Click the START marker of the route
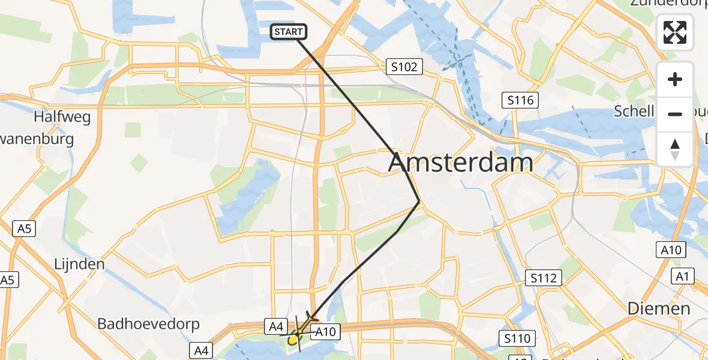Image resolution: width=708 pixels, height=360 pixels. click(289, 32)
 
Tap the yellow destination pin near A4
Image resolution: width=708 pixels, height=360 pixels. click(293, 340)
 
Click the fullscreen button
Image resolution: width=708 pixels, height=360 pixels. click(675, 32)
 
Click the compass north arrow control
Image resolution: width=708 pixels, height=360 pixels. click(675, 149)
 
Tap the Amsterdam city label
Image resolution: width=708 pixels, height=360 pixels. click(461, 163)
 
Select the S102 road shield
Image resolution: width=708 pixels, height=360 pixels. click(404, 67)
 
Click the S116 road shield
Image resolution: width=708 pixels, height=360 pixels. click(520, 100)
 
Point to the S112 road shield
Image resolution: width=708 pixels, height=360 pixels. click(544, 278)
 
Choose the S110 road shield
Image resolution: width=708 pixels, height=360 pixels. click(517, 339)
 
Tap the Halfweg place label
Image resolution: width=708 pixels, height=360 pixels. click(62, 116)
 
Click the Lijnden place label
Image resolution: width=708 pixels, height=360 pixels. click(79, 264)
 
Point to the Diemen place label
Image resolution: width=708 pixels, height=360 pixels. click(659, 309)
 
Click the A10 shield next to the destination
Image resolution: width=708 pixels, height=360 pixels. click(328, 331)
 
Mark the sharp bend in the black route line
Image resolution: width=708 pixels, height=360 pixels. click(419, 202)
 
